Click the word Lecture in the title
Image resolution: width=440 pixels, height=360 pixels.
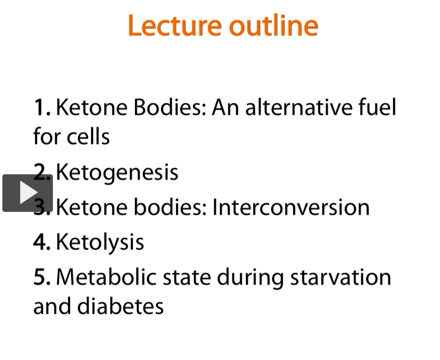(174, 26)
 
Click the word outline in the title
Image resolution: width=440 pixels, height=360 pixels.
(274, 25)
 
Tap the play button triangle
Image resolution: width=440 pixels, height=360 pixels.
(29, 192)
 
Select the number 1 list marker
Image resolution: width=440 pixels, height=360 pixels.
(42, 108)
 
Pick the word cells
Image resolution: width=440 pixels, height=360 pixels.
(88, 136)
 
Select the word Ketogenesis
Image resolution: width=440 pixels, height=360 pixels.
(117, 173)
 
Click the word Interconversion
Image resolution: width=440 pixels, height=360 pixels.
(291, 207)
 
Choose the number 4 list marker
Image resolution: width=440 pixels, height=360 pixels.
(42, 242)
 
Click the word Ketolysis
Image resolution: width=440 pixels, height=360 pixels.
(100, 242)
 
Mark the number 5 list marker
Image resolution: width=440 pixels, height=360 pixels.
(42, 277)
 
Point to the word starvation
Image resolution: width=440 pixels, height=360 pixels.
(341, 277)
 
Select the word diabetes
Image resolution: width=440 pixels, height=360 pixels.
(121, 306)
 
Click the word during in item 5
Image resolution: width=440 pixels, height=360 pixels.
(250, 278)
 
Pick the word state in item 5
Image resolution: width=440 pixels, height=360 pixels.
(187, 277)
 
